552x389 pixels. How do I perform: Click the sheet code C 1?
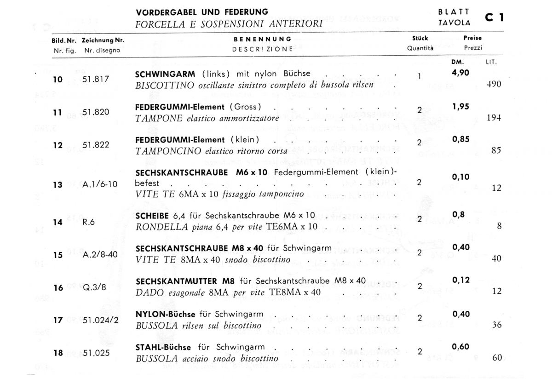pyautogui.click(x=494, y=17)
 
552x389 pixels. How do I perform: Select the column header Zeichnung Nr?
pyautogui.click(x=103, y=40)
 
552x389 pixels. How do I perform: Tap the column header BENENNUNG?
pyautogui.click(x=263, y=39)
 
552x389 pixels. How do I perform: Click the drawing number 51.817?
pyautogui.click(x=96, y=79)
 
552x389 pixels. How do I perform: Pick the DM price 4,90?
pyautogui.click(x=460, y=72)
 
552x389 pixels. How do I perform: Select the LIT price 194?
pyautogui.click(x=494, y=117)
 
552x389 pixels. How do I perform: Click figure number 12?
pyautogui.click(x=57, y=145)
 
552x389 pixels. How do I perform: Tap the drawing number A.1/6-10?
pyautogui.click(x=100, y=184)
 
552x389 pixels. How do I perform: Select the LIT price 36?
pyautogui.click(x=496, y=325)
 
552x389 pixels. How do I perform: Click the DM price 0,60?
pyautogui.click(x=460, y=347)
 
